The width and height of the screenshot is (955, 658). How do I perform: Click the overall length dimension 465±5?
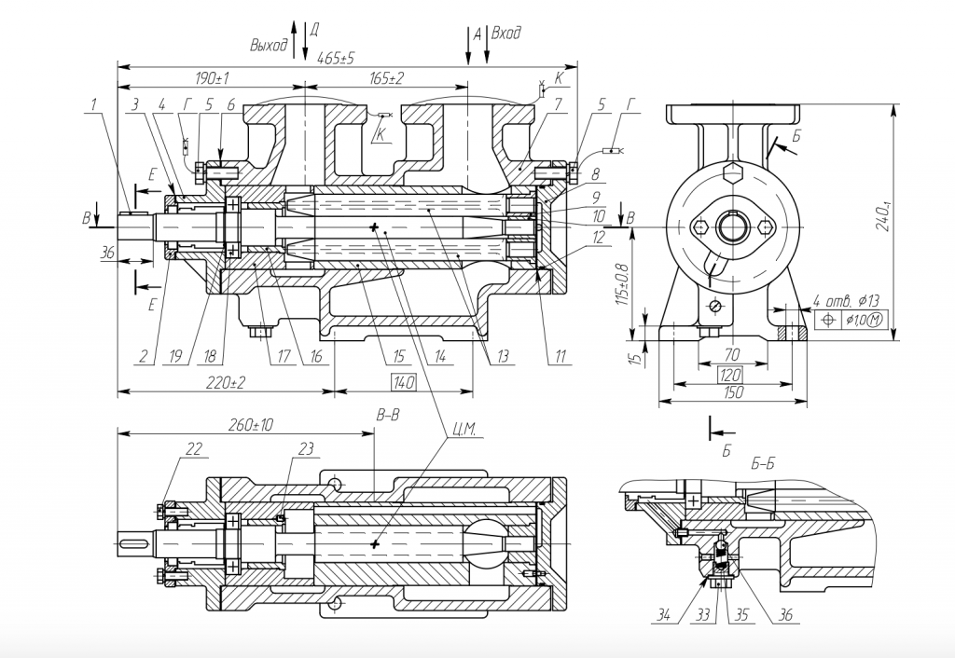(336, 58)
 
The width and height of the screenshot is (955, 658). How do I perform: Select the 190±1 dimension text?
(213, 77)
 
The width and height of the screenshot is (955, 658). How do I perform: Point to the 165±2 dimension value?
(386, 77)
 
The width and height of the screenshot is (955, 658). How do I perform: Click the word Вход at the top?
(505, 34)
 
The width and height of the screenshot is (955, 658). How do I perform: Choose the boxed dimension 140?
(404, 382)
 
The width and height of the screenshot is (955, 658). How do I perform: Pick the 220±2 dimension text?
(225, 382)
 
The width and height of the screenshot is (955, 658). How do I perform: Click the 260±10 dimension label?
(250, 425)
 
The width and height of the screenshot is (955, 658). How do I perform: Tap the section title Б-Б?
(734, 463)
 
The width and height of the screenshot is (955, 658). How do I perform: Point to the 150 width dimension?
(733, 393)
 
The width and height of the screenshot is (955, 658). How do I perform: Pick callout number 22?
(193, 449)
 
